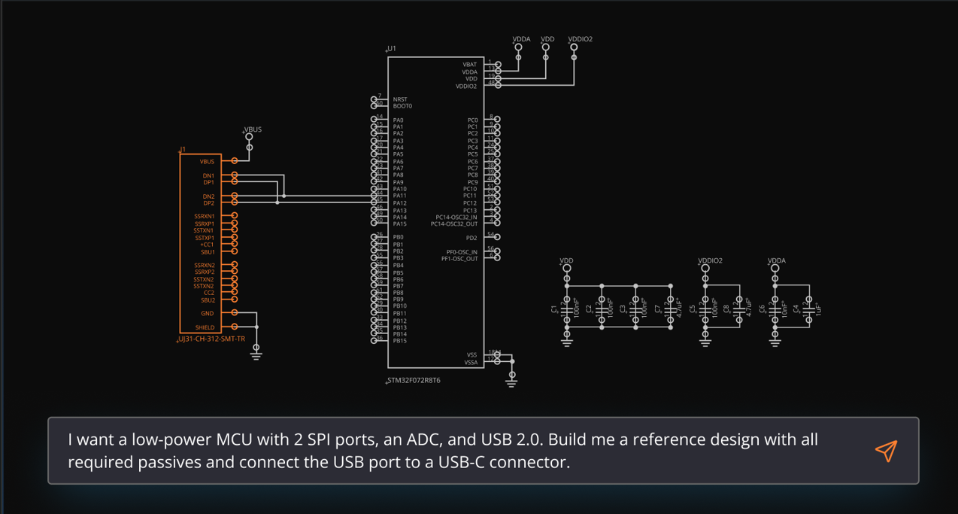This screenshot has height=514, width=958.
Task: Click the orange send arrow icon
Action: tap(886, 450)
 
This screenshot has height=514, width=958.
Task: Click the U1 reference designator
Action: tap(392, 49)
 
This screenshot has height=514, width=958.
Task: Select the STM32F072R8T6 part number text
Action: tap(414, 381)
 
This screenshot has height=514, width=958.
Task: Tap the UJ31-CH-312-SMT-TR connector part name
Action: tap(211, 339)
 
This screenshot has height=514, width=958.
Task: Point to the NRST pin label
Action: tap(400, 99)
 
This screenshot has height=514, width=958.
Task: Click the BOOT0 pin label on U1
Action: tap(402, 106)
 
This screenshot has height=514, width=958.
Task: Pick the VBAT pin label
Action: tap(470, 65)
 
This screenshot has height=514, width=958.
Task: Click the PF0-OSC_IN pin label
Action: tap(462, 252)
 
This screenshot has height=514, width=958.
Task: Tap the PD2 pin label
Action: tap(471, 238)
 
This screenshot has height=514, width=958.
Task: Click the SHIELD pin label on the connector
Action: tap(205, 327)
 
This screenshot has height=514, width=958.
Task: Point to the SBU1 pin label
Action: tap(208, 252)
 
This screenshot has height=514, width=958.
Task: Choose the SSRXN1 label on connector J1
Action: tap(205, 217)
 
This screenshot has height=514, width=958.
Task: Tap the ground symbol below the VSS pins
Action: tap(511, 382)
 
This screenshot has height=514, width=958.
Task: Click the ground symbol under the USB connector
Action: tap(256, 353)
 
